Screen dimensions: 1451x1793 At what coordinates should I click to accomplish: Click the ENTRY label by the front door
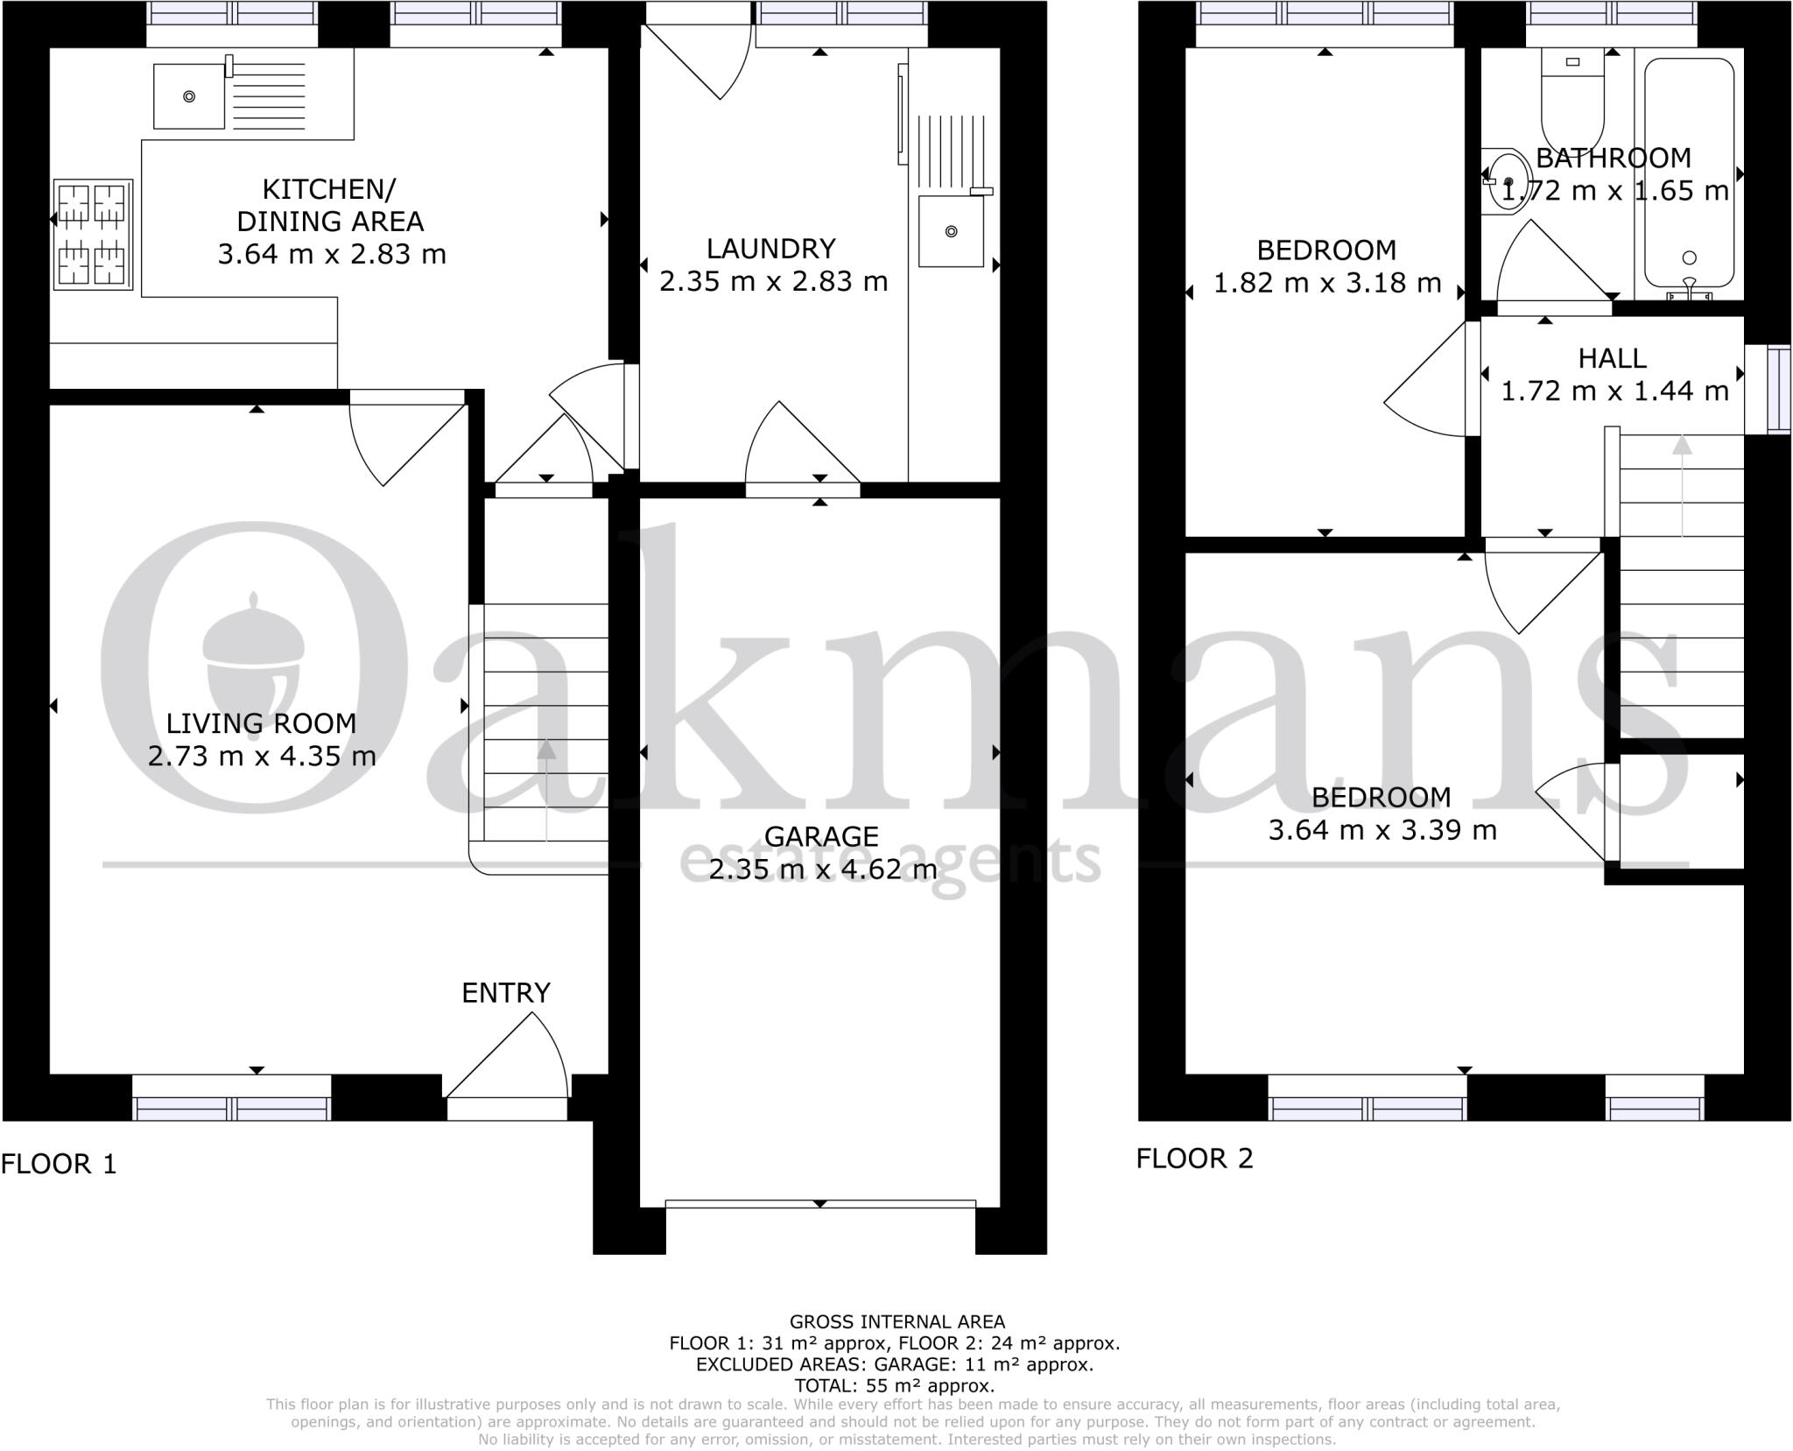506,993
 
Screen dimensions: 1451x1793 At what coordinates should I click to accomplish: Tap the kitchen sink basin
188,96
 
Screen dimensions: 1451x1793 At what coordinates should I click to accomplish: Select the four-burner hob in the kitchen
93,234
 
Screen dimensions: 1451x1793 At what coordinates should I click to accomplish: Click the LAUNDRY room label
770,249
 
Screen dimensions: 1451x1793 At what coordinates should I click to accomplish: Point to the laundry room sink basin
950,232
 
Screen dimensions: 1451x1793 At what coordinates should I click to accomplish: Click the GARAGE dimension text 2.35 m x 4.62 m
822,870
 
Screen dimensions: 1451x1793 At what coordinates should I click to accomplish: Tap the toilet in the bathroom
1572,101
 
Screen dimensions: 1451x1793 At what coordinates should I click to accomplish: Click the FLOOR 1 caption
59,1164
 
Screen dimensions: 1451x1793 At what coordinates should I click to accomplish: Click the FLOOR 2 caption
1194,1159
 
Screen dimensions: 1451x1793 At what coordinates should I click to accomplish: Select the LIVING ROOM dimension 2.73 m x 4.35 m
261,756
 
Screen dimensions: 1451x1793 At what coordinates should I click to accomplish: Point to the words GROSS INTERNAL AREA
896,1321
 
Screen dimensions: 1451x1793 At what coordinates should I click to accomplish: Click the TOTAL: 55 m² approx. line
894,1385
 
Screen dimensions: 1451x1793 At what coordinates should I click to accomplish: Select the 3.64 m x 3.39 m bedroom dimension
1382,829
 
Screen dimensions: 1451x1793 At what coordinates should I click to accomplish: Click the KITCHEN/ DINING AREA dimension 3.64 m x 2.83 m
331,254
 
